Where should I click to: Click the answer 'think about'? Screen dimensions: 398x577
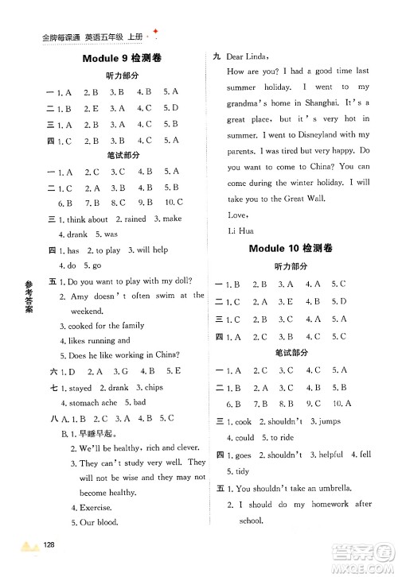pyautogui.click(x=88, y=219)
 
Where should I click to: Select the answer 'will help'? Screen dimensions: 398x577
pyautogui.click(x=150, y=250)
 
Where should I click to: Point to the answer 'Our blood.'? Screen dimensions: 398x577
pyautogui.click(x=99, y=522)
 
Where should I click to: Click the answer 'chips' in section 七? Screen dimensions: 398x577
pyautogui.click(x=152, y=387)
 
